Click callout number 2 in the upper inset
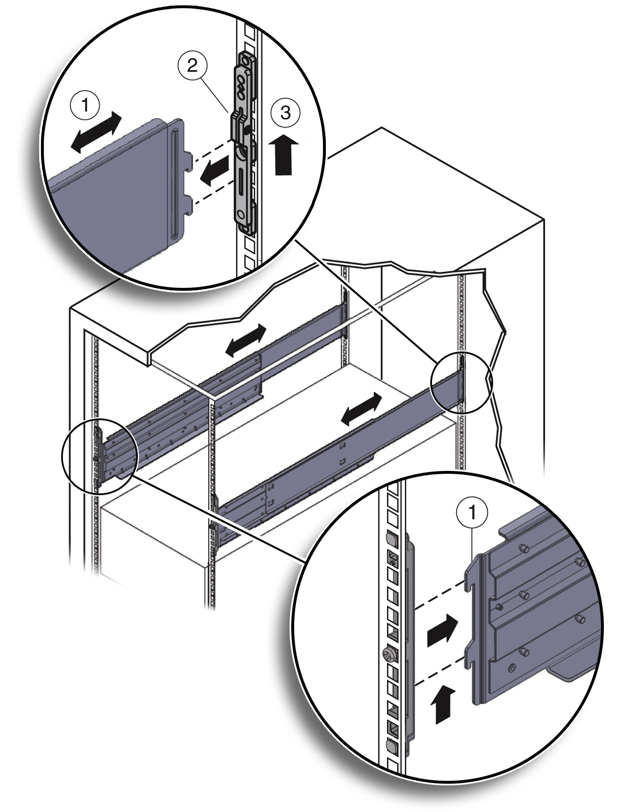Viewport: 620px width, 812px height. pos(192,66)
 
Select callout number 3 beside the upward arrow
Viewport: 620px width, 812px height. pos(285,113)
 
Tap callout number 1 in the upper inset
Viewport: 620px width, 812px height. pos(85,106)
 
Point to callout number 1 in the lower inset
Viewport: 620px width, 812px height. pos(472,512)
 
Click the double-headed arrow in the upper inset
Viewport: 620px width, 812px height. pos(96,132)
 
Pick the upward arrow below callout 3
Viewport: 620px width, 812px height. pos(285,154)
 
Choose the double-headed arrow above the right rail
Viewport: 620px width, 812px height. pos(361,409)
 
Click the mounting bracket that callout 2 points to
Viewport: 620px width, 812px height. pos(243,145)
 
